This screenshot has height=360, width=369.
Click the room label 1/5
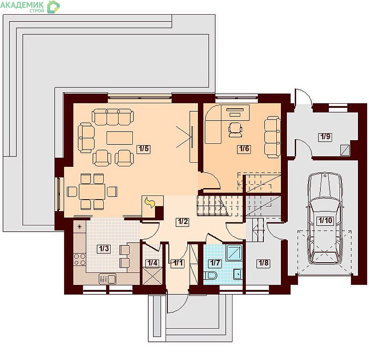(x=143, y=148)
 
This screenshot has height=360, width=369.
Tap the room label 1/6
(x=244, y=148)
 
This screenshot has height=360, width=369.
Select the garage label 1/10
(x=325, y=220)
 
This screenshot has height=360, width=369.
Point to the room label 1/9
(x=325, y=136)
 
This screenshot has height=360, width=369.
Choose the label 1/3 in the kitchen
(x=104, y=248)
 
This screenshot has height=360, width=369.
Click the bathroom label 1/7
(x=215, y=263)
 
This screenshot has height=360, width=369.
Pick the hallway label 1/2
(x=183, y=222)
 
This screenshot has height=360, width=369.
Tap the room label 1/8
(x=263, y=263)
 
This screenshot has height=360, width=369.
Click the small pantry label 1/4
(x=152, y=263)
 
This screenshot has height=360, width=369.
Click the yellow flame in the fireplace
(x=149, y=202)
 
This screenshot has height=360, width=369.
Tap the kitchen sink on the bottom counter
(x=107, y=279)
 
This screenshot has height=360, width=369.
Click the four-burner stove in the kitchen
(x=79, y=260)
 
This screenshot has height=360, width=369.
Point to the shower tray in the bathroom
(x=234, y=253)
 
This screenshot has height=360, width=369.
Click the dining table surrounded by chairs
(x=92, y=192)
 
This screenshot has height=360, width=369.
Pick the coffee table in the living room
(x=119, y=138)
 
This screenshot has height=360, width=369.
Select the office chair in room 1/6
(x=235, y=130)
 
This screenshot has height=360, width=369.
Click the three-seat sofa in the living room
(x=113, y=117)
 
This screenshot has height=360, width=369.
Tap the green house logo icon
(x=53, y=7)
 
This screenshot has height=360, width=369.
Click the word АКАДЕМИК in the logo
(x=22, y=5)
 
